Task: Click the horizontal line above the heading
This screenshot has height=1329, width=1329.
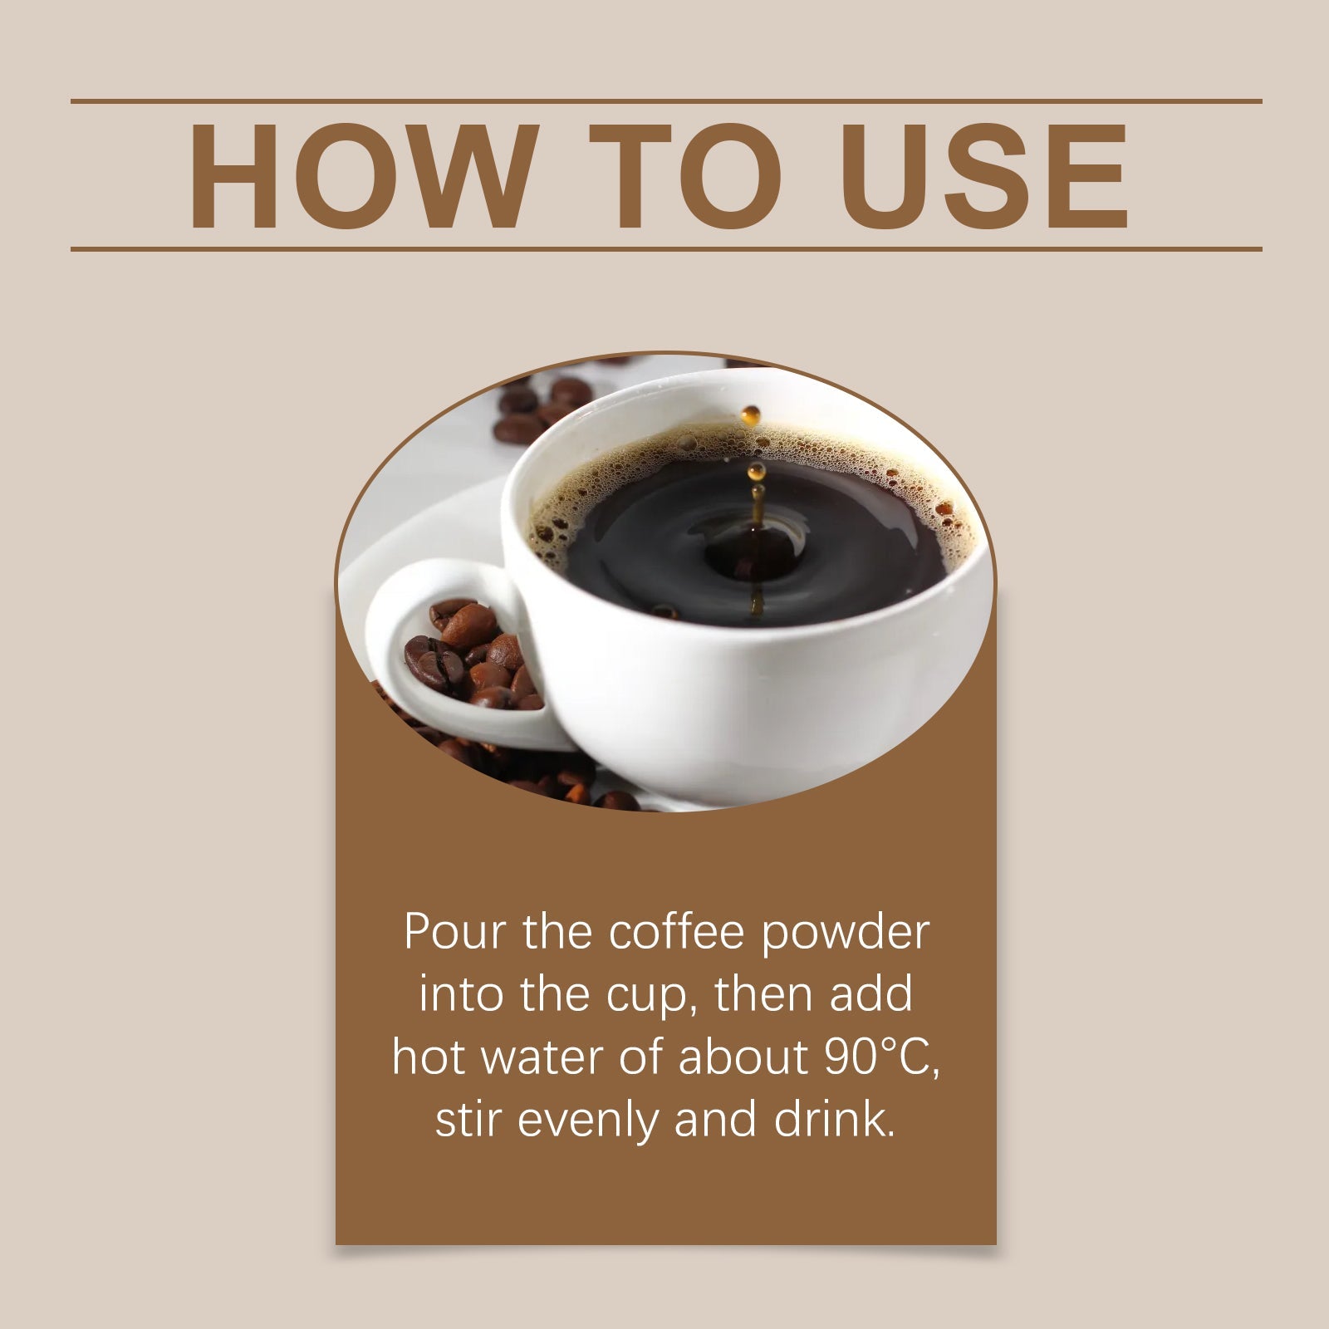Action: (x=664, y=101)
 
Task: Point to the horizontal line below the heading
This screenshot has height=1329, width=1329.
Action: (x=664, y=248)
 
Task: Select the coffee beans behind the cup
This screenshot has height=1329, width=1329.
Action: (x=540, y=407)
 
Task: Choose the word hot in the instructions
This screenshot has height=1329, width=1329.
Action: (x=425, y=1057)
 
